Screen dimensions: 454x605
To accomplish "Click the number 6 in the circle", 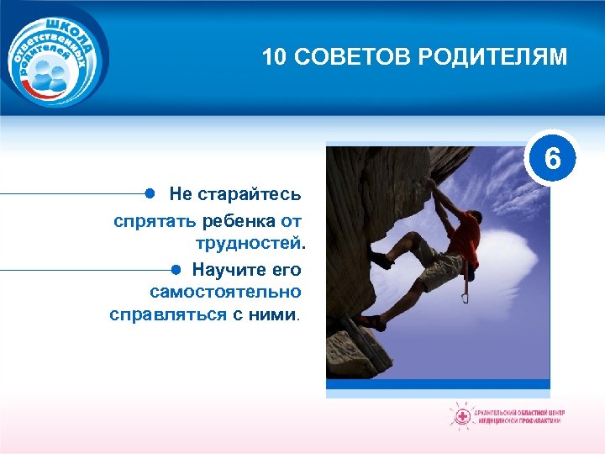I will tap(552, 157).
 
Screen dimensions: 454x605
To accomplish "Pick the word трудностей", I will tap(250, 245).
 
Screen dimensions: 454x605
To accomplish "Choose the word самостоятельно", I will tap(225, 292).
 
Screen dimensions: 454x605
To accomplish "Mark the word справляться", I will tap(167, 315).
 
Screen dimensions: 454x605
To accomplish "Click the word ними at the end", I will tap(277, 315).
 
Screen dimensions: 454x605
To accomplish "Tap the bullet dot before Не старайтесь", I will tap(149, 193).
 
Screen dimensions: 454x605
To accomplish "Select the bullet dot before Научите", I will tap(176, 269).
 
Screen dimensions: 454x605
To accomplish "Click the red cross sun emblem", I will tap(460, 416).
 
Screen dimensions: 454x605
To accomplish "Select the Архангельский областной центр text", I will tap(520, 412).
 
